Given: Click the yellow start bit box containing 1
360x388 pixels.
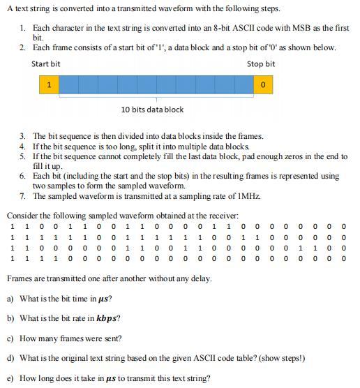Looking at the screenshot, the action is pos(49,84).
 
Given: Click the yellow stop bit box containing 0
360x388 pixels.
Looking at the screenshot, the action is pos(262,84).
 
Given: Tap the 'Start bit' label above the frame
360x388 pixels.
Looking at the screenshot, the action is pos(45,64).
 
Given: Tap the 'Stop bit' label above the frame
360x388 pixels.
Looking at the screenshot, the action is pos(260,64).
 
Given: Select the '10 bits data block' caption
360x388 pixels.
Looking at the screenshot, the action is pos(152,110).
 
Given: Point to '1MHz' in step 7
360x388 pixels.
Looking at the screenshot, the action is pos(247,197).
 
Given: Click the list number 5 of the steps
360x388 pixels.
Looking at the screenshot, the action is pos(23,157).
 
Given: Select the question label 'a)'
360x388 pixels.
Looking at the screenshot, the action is pos(10,299).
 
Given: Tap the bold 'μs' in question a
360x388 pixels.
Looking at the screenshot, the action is pos(105,299).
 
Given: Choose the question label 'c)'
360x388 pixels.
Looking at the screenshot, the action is pos(10,338).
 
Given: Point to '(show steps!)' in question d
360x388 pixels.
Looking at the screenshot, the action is pos(280,359).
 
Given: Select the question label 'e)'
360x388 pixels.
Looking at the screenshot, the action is pos(10,378).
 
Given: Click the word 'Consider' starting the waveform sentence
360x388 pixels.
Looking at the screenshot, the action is pos(22,216).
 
